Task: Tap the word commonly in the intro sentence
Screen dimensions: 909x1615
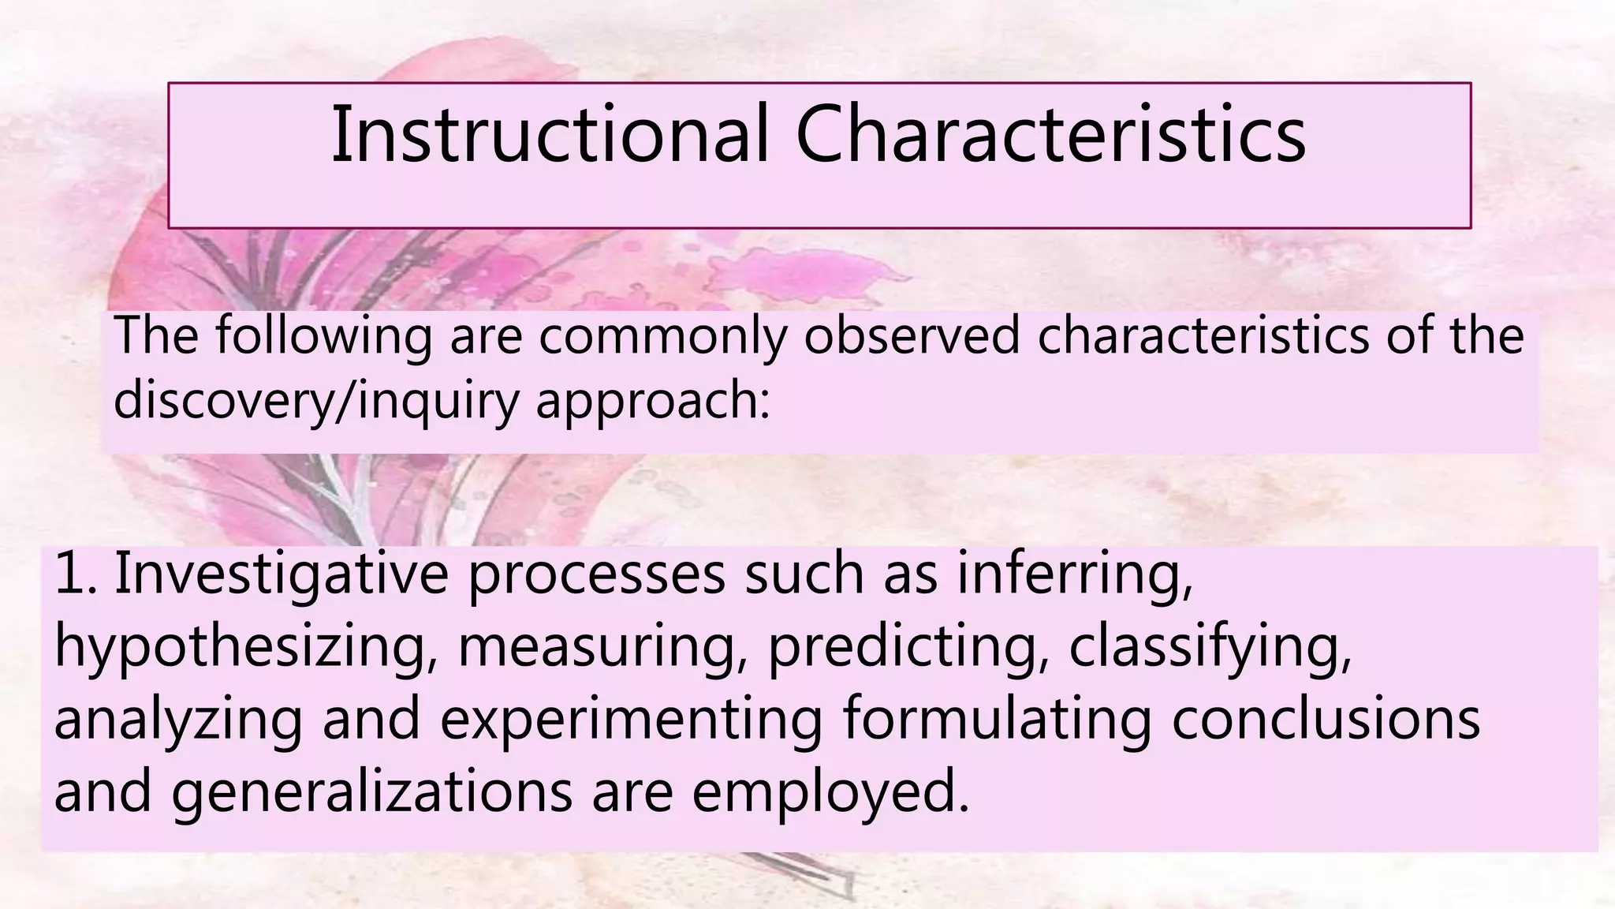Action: coord(662,335)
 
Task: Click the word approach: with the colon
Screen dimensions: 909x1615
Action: coord(652,400)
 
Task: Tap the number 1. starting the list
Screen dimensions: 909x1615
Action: coord(76,574)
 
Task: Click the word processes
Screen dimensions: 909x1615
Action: coord(596,574)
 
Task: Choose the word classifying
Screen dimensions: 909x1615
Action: coord(1210,647)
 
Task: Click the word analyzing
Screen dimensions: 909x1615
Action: coord(178,720)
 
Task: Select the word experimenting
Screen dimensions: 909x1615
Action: coord(631,720)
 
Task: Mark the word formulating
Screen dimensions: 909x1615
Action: coord(997,720)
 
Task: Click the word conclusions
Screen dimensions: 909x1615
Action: coord(1326,720)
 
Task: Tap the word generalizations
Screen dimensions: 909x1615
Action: coord(371,792)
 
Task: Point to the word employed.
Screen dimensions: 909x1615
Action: coord(830,792)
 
